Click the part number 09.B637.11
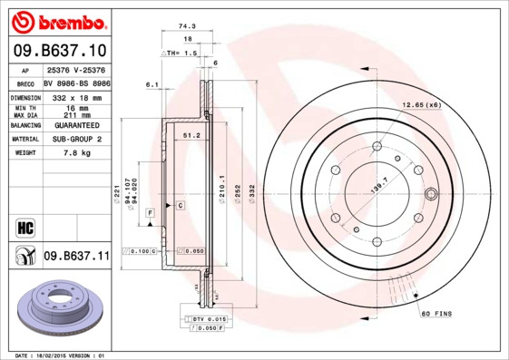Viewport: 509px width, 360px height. (x=76, y=257)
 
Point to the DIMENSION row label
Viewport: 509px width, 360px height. (x=24, y=96)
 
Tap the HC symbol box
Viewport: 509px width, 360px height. (x=24, y=228)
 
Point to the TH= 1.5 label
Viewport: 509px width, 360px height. (x=179, y=54)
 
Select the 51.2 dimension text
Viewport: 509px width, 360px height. (x=191, y=135)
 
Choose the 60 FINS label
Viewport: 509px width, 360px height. (x=436, y=314)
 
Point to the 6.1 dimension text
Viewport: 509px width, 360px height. (x=152, y=84)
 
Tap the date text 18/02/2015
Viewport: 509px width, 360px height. (x=61, y=355)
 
